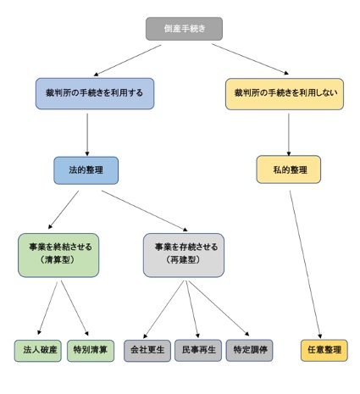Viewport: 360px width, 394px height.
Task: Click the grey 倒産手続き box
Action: click(x=184, y=29)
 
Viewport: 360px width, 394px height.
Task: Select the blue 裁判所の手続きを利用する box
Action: click(x=95, y=93)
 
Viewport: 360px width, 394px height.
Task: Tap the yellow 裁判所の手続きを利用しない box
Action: click(x=285, y=94)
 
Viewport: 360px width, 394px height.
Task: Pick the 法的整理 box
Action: click(x=86, y=170)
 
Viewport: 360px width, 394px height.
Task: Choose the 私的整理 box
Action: click(x=289, y=169)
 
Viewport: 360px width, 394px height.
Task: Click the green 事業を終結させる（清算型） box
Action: click(x=58, y=255)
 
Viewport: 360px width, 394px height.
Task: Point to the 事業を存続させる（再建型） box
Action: click(x=184, y=255)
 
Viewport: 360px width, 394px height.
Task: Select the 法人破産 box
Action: click(x=38, y=351)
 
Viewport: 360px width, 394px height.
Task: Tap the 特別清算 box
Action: click(x=91, y=351)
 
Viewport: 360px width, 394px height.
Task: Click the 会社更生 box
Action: click(x=147, y=351)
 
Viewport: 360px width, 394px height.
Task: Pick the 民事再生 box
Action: click(x=198, y=350)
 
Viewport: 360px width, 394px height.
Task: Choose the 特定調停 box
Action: click(x=250, y=350)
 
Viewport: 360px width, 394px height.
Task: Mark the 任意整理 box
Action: click(x=324, y=350)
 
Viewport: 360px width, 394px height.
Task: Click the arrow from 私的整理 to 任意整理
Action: click(x=305, y=264)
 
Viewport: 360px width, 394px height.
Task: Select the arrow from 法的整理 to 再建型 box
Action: click(x=145, y=211)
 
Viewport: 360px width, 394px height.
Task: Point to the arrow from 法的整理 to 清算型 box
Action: click(x=64, y=210)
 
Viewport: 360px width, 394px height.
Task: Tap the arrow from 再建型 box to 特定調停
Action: click(x=219, y=308)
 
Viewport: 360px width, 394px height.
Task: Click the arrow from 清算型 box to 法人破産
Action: click(x=47, y=308)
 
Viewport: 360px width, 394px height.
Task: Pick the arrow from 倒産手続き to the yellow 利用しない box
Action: click(x=250, y=59)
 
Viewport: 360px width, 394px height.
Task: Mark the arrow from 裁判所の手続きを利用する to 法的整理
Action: click(x=87, y=135)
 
